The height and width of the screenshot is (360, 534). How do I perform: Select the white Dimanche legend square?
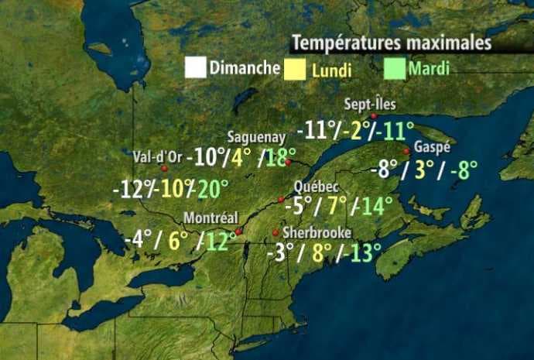tap(195, 67)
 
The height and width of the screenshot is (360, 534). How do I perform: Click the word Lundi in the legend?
tap(331, 70)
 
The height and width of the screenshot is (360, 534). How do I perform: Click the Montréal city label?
tap(211, 218)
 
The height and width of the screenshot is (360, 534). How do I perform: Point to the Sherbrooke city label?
tap(317, 232)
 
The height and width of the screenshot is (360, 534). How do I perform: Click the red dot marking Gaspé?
tap(406, 151)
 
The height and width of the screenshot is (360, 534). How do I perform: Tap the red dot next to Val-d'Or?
tap(164, 167)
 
